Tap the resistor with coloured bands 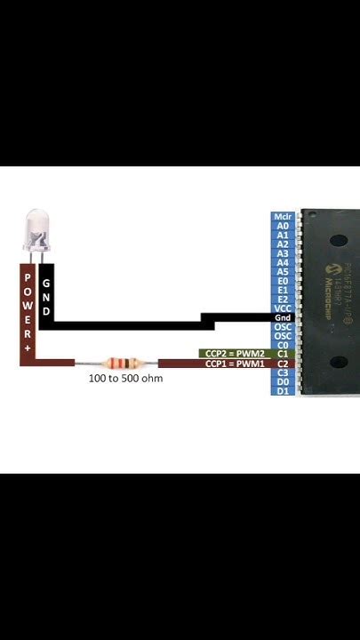tap(117, 363)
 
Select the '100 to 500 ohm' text tap(125, 378)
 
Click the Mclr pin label tap(283, 216)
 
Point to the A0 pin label tap(283, 226)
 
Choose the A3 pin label tap(283, 253)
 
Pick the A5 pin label tap(283, 271)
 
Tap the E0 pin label tap(283, 281)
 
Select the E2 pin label tap(283, 299)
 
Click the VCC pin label tap(283, 308)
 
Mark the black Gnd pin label tap(283, 317)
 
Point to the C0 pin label tap(283, 345)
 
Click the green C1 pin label tap(283, 354)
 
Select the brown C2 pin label tap(283, 364)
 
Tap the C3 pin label tap(283, 372)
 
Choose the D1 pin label tap(283, 391)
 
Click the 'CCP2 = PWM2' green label tap(235, 354)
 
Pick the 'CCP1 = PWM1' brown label tap(235, 364)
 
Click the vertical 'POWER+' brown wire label tap(28, 311)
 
